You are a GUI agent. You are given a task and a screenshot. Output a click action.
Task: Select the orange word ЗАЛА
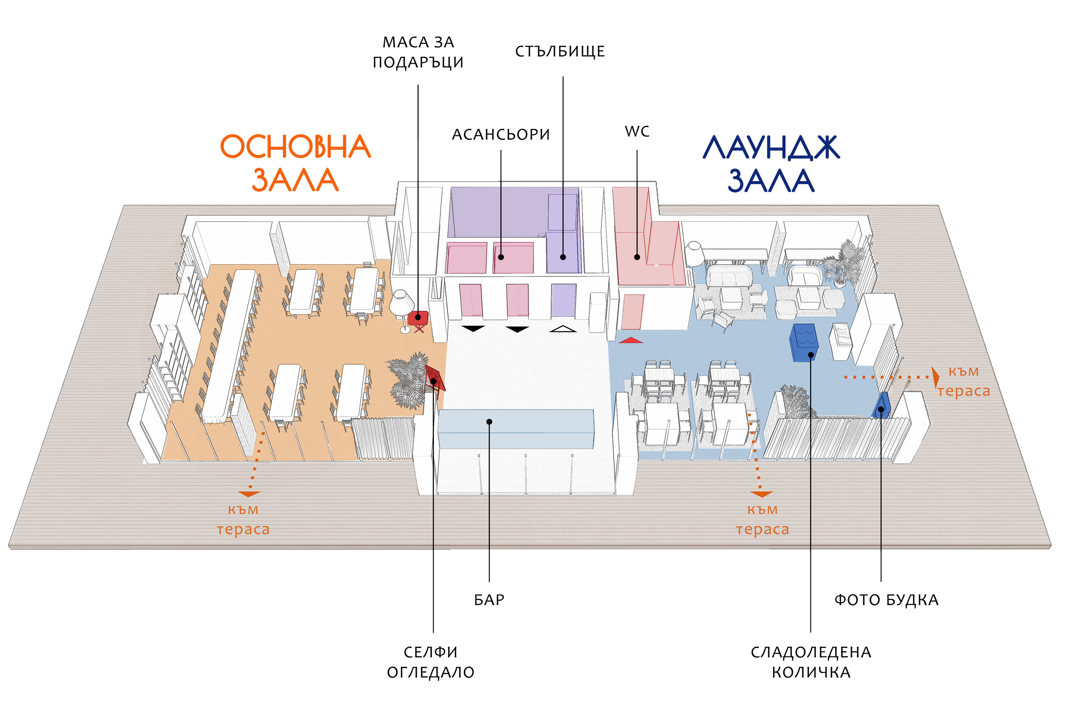coord(295,180)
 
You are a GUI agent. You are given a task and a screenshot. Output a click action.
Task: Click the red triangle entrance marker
coord(630,340)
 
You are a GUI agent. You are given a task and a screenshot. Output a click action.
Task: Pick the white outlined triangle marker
coord(563,329)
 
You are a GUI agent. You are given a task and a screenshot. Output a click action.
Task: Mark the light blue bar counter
coord(516,428)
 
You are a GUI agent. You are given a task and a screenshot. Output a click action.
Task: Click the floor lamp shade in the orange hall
coord(401,301)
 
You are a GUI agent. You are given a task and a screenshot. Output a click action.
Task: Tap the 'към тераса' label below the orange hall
coord(243,519)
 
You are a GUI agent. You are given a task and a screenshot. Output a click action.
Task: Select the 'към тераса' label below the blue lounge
coord(763,519)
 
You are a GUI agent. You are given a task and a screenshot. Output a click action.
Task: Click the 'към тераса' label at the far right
coord(963,381)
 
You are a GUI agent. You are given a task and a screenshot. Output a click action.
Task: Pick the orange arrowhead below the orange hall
coord(249,494)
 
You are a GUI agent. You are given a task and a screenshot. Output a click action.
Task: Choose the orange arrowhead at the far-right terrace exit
coord(935,377)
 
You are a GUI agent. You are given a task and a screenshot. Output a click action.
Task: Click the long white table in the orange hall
coord(229,345)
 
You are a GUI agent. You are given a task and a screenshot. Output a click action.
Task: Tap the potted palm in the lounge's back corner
coord(844,263)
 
